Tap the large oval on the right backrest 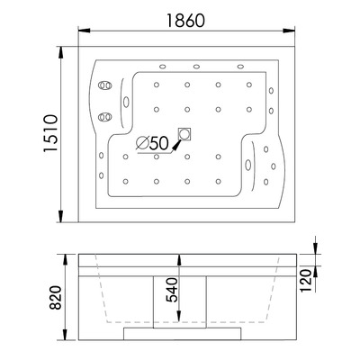point(248,165)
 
